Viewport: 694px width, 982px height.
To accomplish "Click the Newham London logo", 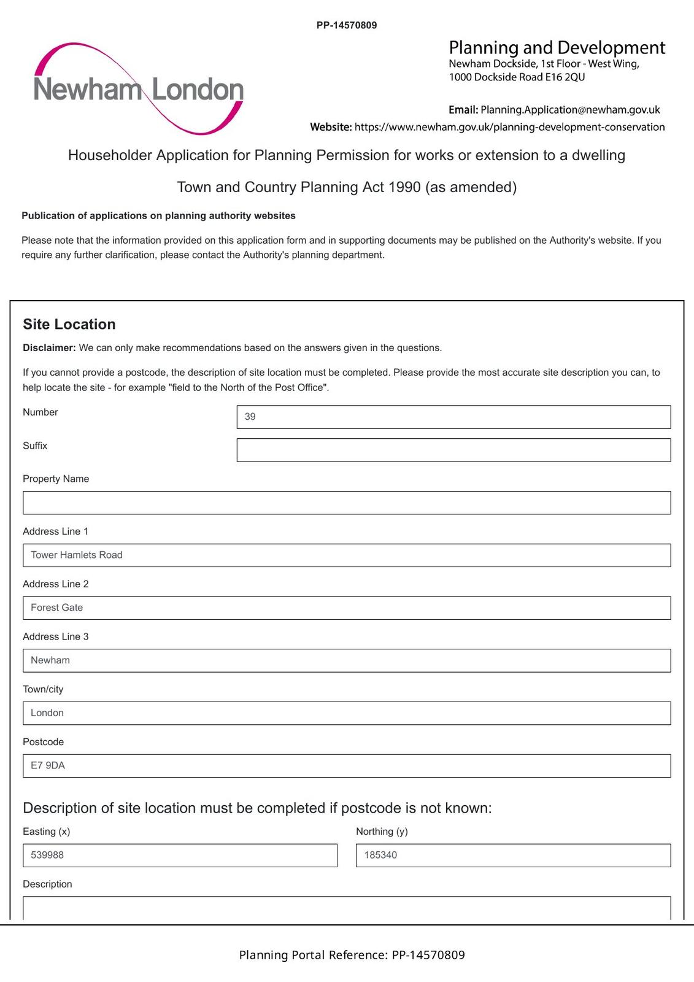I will coord(139,89).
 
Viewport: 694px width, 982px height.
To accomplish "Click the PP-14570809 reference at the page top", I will coord(347,25).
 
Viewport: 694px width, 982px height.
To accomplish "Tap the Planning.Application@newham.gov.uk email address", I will coord(570,110).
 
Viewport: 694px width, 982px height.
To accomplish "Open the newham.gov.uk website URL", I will coord(509,127).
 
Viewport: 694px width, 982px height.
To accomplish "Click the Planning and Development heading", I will coord(557,48).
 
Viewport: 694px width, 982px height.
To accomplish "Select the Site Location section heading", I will coord(69,324).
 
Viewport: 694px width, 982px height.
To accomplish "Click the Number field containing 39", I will coord(453,417).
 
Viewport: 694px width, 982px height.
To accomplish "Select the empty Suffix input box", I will coord(453,450).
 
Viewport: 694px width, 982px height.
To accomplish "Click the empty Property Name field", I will coord(347,503).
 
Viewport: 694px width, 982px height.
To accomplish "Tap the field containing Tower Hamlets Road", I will coord(347,555).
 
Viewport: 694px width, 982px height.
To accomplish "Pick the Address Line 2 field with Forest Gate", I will coord(347,608).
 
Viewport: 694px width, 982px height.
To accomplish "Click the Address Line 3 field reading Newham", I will coord(347,660).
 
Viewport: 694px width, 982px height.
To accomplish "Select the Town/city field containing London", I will coord(347,713).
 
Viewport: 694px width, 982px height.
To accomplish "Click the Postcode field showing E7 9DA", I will coord(347,766).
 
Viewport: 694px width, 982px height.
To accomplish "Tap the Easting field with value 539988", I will coord(180,856).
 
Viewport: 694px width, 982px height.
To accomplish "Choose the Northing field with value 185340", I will coord(513,856).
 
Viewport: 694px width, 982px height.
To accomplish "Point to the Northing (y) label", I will coord(382,832).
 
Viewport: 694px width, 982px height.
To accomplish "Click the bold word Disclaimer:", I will coord(49,348).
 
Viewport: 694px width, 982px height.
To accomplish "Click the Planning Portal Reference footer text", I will coord(352,955).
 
